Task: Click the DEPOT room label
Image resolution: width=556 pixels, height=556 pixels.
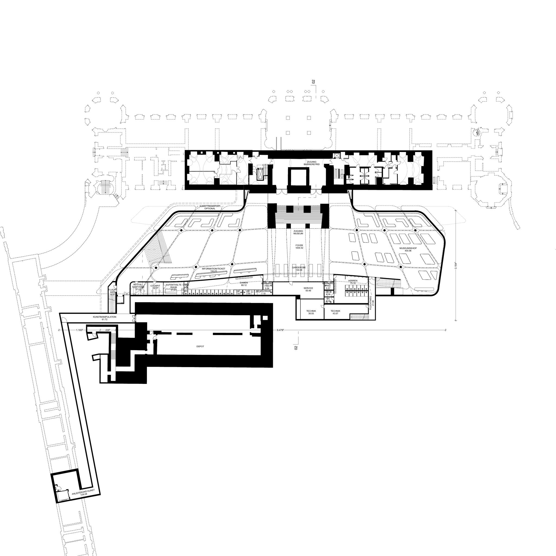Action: click(200, 346)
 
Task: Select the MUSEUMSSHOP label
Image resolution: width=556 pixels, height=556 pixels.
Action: click(408, 249)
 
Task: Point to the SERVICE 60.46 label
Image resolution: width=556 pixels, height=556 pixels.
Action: click(308, 289)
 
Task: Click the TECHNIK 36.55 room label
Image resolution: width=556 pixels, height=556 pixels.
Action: click(311, 312)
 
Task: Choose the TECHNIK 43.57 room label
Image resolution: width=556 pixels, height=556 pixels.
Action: click(335, 312)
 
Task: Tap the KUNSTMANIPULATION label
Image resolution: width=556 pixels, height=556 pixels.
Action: click(105, 318)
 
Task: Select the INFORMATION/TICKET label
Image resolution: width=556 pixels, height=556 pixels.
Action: click(214, 270)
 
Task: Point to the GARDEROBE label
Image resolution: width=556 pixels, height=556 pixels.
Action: click(299, 268)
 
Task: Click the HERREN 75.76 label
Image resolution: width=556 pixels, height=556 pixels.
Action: click(353, 282)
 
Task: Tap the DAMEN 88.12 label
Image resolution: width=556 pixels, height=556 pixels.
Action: click(244, 284)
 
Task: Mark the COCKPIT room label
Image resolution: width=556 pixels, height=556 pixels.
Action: click(155, 287)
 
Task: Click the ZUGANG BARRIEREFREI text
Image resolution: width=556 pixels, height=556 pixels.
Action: click(311, 163)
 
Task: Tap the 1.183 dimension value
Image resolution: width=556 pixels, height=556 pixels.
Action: click(80, 330)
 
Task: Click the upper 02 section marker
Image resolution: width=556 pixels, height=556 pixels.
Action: click(314, 81)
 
